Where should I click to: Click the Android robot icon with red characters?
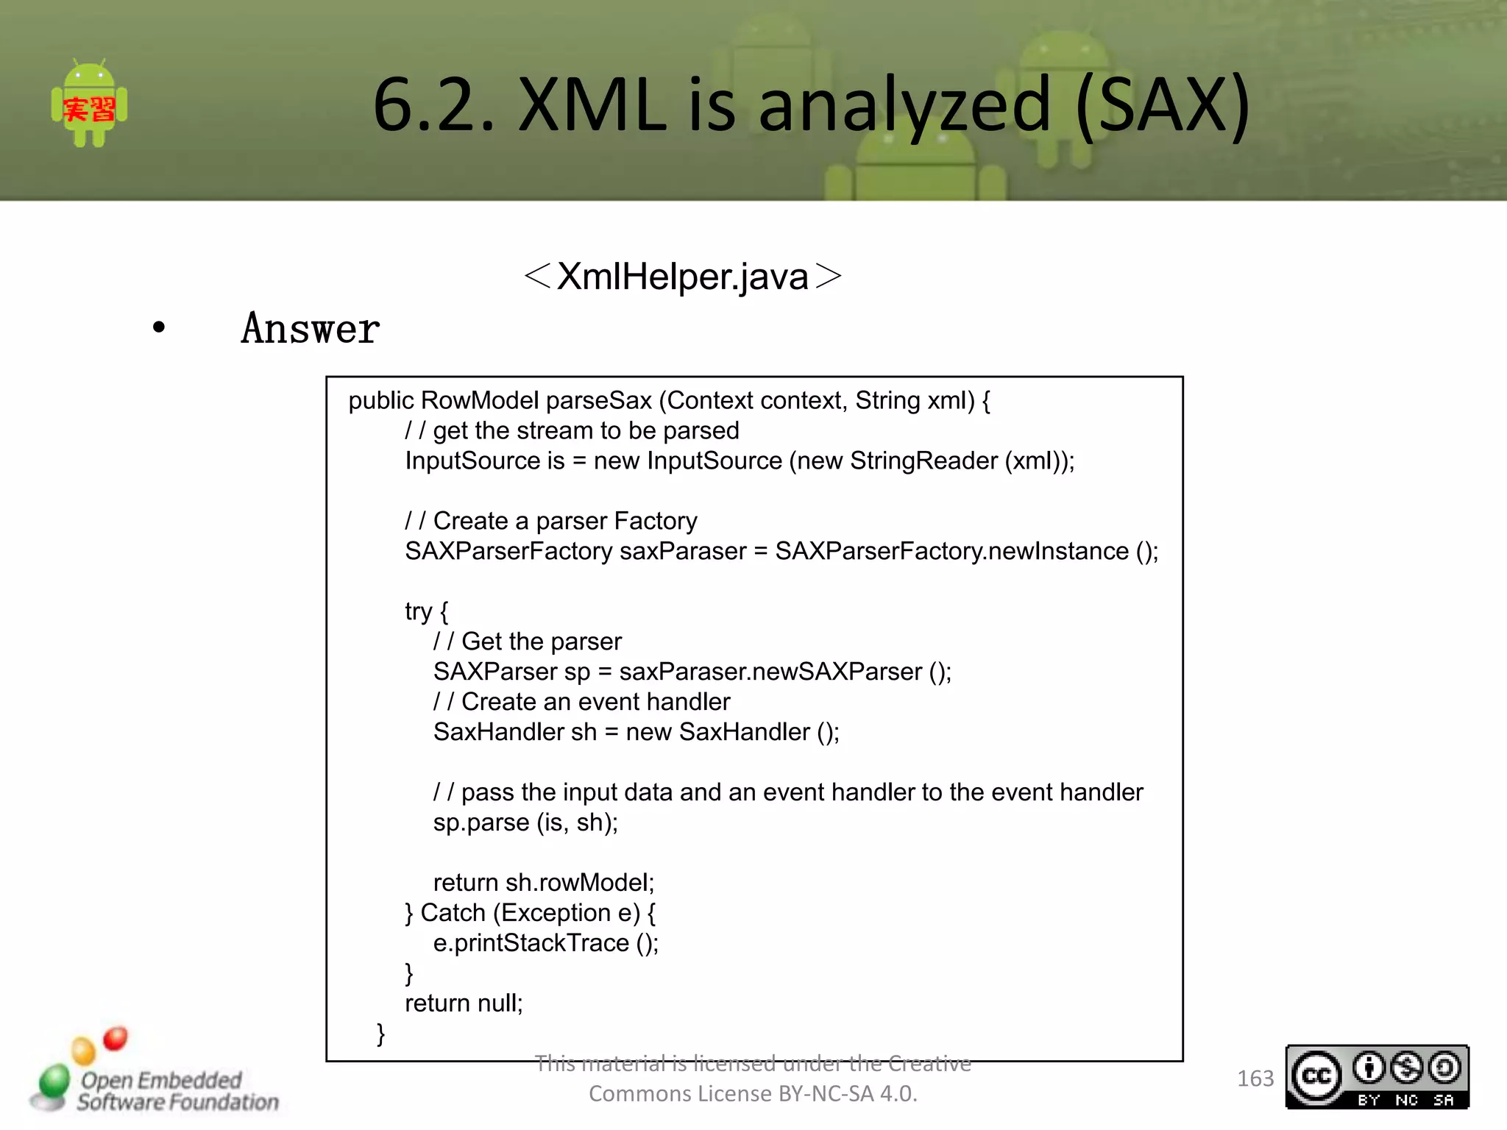point(89,104)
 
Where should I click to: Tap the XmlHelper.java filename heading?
point(682,277)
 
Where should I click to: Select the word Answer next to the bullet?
point(310,329)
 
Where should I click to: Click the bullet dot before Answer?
point(159,327)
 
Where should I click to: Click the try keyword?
point(418,611)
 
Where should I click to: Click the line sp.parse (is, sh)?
point(525,822)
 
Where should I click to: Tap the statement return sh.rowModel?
point(543,883)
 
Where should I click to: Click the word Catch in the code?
point(453,913)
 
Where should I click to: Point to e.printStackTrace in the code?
point(531,943)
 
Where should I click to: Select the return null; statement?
point(464,1003)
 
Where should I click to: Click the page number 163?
point(1255,1079)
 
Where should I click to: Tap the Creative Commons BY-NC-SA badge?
point(1377,1077)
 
